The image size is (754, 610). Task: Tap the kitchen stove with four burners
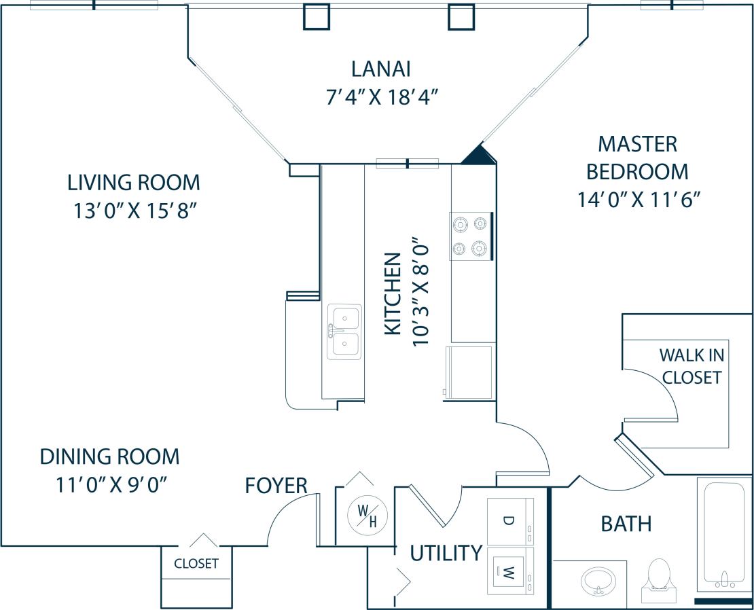coord(471,236)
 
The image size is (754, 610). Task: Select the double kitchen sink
coord(344,331)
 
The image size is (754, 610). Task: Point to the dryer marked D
coord(510,521)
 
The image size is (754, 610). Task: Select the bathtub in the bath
coord(724,533)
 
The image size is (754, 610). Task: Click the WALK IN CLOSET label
coord(692,365)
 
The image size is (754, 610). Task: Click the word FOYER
coord(276,486)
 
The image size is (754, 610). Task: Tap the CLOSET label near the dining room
coord(196,564)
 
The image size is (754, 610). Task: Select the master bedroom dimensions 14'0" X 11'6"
coord(638,200)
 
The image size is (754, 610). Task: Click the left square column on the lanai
coord(317,16)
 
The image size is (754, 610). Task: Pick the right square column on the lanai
coord(461,16)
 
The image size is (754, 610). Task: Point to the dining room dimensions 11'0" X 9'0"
coord(111,485)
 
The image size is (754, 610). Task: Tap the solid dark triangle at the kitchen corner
coord(480,156)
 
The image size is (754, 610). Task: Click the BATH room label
coord(626,524)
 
